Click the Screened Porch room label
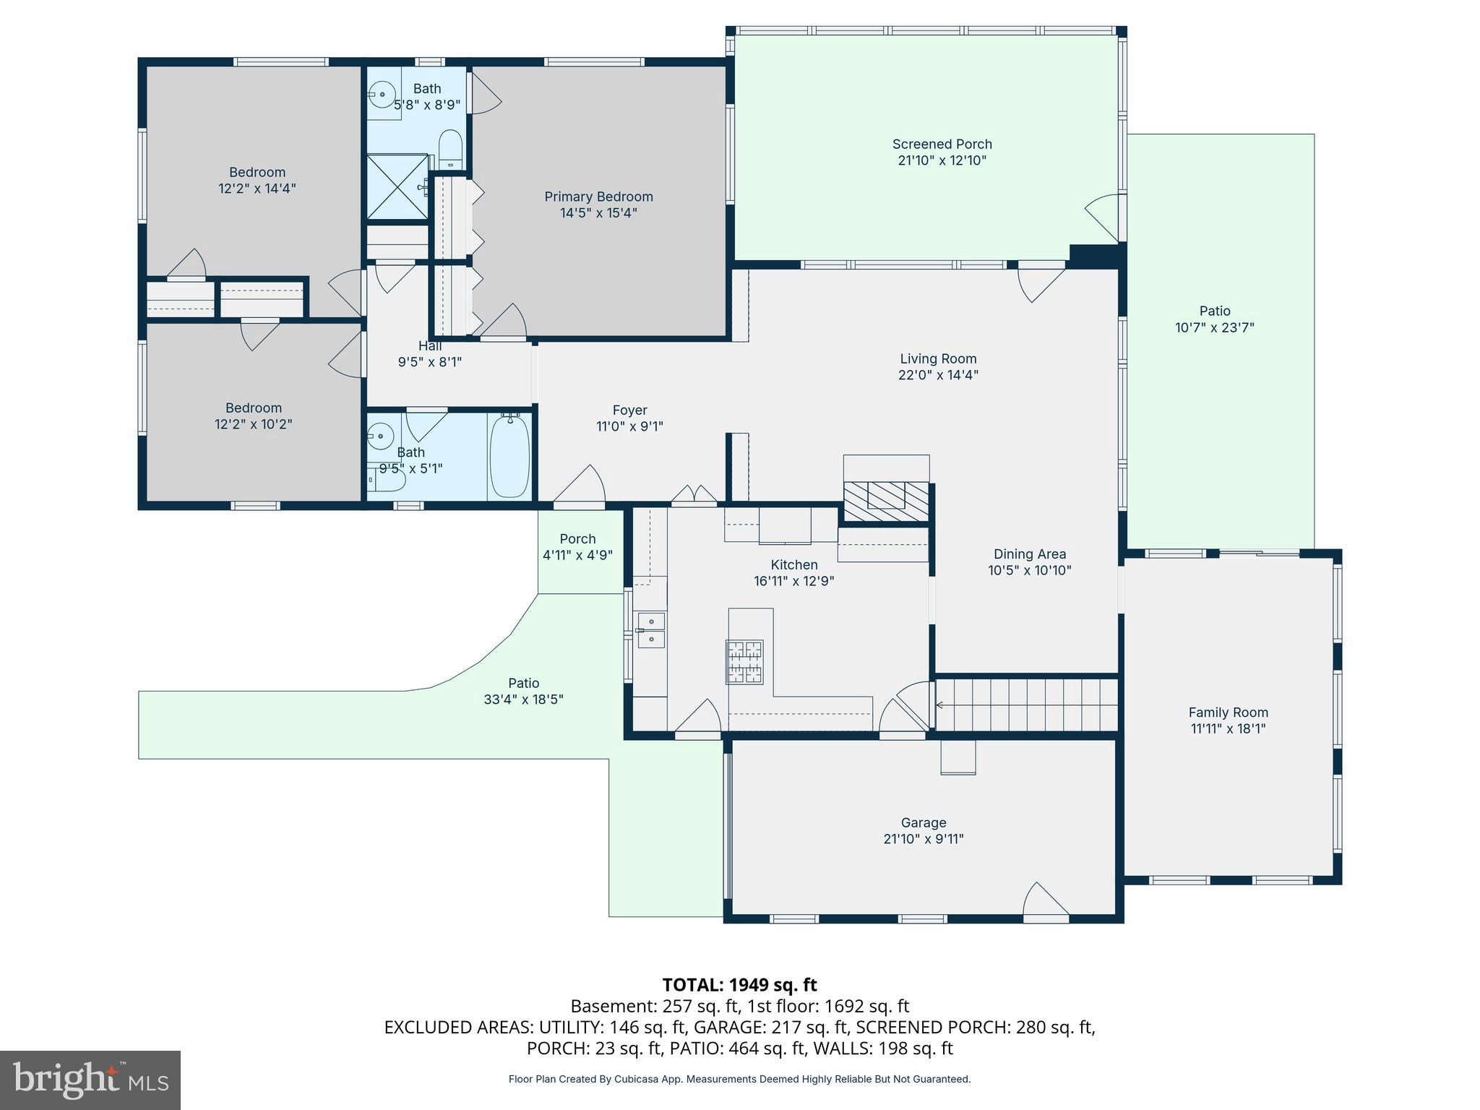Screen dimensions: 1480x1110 coord(942,145)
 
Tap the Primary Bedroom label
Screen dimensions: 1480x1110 coord(598,197)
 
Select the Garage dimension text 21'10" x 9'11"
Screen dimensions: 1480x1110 coord(924,839)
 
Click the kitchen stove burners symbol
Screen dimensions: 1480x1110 coord(744,661)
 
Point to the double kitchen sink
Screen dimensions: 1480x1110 coord(651,630)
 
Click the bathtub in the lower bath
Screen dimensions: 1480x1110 coord(510,455)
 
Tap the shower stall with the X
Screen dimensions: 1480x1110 coord(397,186)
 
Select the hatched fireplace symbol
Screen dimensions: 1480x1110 coord(886,501)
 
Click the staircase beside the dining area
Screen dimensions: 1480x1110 coord(1026,705)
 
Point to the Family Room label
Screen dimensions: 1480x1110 coord(1229,713)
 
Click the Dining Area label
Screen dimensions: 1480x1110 coord(1030,554)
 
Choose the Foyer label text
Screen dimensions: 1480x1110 coord(629,410)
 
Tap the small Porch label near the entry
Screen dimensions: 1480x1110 coord(577,539)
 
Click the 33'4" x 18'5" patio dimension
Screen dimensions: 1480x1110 coord(523,700)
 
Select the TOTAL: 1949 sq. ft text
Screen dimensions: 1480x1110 coord(739,985)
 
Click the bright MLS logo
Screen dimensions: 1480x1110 coord(90,1080)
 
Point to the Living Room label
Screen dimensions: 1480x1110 coord(938,358)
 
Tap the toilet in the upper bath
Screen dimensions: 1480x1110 coord(451,149)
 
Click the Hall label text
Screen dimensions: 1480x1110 coord(430,346)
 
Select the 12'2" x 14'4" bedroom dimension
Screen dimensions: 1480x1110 coord(257,189)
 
